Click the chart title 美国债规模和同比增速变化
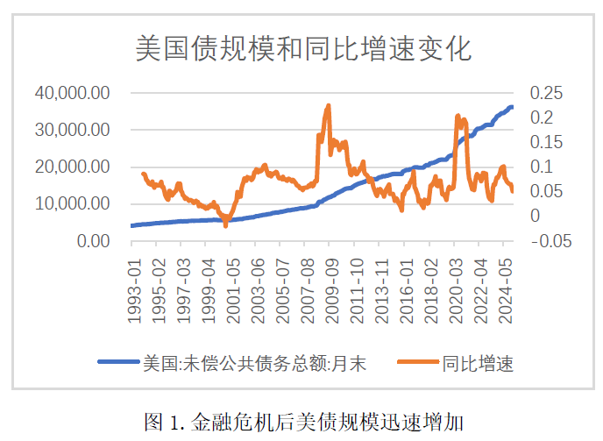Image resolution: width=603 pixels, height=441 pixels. click(303, 47)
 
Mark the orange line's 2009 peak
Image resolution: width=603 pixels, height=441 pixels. click(329, 105)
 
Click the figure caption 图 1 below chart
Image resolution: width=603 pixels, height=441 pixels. click(303, 423)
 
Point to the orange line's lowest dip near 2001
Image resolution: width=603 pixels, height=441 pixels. click(225, 225)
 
